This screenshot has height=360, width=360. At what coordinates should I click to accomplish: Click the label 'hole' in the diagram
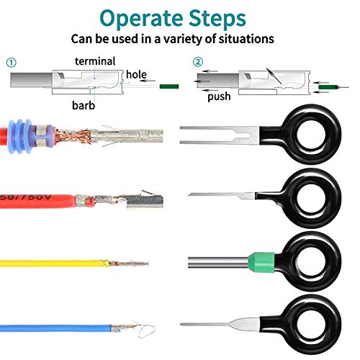(x=136, y=74)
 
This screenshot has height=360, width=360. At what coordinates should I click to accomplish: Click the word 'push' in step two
(x=219, y=96)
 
